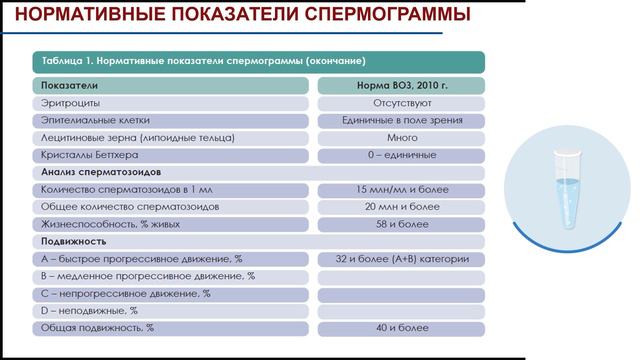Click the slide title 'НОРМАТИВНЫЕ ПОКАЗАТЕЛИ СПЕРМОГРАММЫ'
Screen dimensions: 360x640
coord(245,15)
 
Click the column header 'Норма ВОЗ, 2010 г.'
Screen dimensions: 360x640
coord(402,85)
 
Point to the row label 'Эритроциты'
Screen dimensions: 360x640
coord(69,103)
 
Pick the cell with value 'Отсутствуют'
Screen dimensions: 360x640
coord(402,103)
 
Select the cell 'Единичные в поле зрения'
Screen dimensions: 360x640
coord(402,120)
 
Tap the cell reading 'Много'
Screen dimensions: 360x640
coord(402,137)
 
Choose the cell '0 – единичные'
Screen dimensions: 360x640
coord(402,155)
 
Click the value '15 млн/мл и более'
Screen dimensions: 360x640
coord(402,189)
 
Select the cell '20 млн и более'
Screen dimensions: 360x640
coord(402,206)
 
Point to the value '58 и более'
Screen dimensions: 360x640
coord(402,224)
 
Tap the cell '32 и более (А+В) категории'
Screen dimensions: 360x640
coord(402,259)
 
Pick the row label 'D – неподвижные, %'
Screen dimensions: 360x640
coord(98,310)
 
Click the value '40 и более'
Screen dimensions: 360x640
coord(402,327)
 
